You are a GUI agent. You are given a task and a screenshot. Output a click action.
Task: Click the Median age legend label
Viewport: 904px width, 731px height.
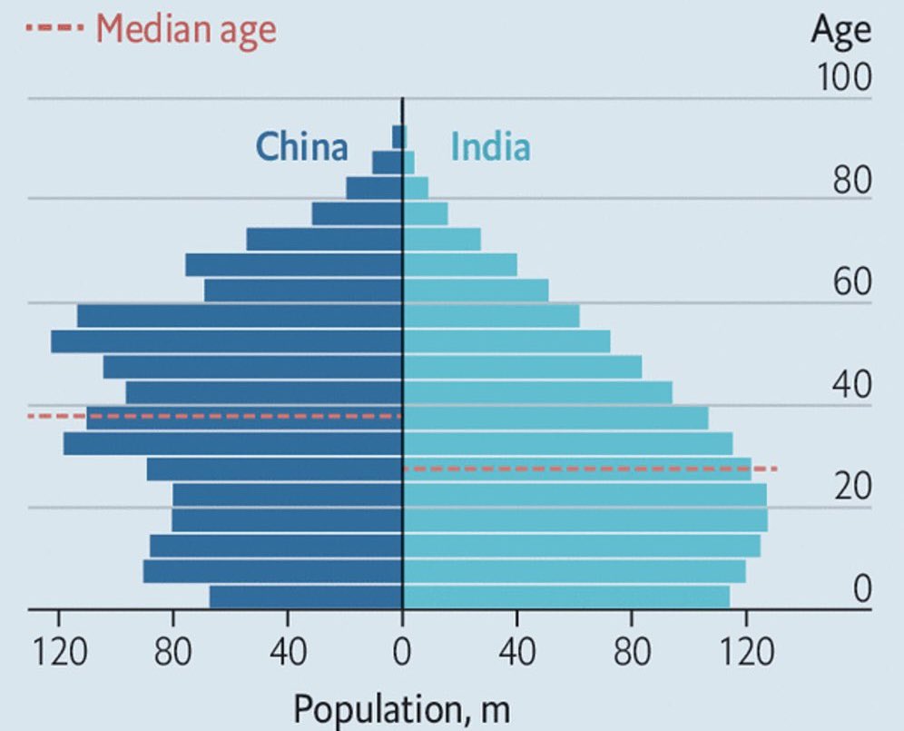[185, 30]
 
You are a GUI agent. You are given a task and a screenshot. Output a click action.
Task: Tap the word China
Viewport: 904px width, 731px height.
[301, 146]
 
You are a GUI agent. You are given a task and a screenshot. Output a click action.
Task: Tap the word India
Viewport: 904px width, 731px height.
[490, 146]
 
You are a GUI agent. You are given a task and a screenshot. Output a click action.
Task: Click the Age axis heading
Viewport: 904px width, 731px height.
[840, 31]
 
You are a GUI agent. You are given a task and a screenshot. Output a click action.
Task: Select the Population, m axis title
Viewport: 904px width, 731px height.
[401, 709]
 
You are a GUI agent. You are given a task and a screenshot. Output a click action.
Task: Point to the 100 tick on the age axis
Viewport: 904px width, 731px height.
[843, 78]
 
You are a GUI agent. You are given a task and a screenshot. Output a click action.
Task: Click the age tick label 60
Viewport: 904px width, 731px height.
[851, 283]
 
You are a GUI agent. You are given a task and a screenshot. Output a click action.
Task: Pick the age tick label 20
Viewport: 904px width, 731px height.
[851, 488]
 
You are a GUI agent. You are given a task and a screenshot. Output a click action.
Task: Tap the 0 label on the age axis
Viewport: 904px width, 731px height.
[860, 589]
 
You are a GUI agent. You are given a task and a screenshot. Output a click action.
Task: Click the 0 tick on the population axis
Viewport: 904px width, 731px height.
[402, 654]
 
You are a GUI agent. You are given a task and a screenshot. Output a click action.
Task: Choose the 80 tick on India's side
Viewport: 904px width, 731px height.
[632, 654]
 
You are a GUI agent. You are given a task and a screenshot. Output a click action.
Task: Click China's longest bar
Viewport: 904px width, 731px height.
[227, 341]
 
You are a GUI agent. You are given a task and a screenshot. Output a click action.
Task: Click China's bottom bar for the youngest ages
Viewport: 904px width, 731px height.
[306, 597]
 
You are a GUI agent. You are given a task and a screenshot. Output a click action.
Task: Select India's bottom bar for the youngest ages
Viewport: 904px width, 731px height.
[565, 597]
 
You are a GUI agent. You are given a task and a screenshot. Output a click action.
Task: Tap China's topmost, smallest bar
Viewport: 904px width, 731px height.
[397, 136]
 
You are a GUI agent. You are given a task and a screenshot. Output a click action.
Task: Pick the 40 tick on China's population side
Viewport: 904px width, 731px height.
[288, 654]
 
